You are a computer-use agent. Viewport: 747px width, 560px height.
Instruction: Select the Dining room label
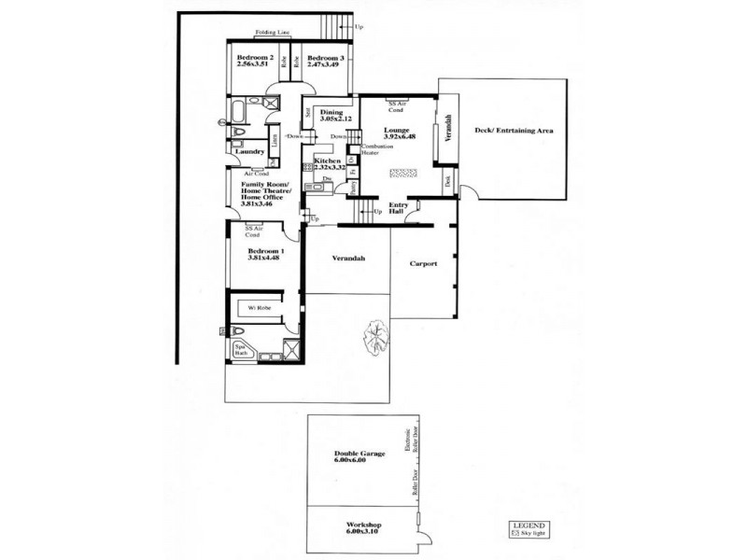click(x=331, y=112)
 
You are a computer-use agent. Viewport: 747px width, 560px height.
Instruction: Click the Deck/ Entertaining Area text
click(x=514, y=131)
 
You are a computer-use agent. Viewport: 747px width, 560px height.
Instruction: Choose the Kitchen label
click(x=328, y=161)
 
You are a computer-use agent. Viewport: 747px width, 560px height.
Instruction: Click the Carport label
click(x=425, y=264)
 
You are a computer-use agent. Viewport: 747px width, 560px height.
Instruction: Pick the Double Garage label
click(x=360, y=453)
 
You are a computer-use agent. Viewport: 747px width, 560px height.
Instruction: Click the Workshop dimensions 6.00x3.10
click(x=360, y=533)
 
